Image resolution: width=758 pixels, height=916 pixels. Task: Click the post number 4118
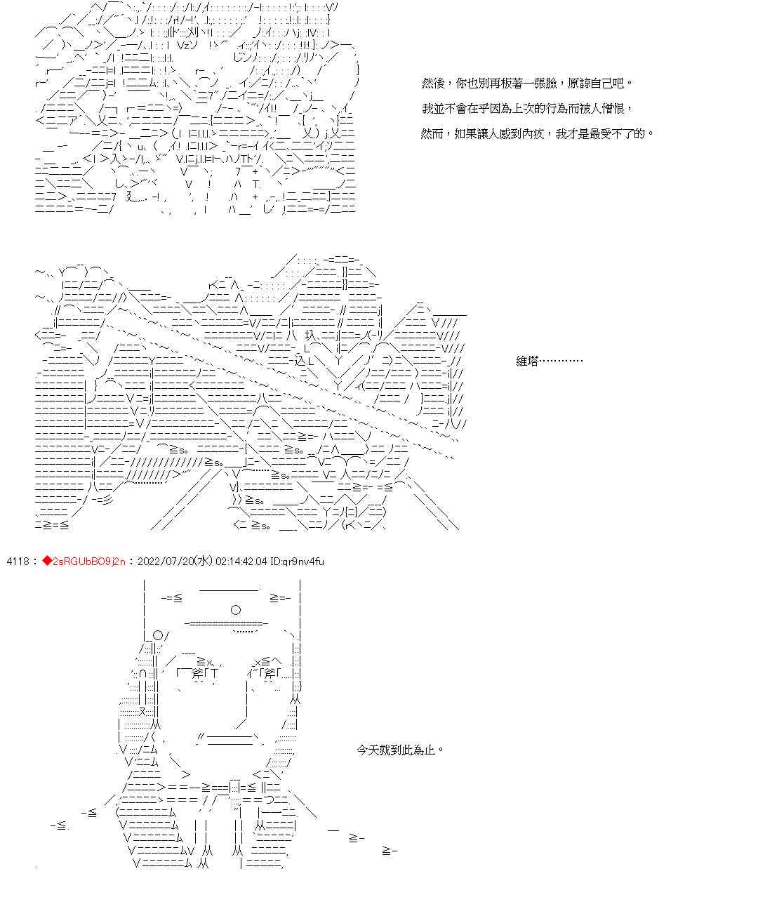pyautogui.click(x=18, y=562)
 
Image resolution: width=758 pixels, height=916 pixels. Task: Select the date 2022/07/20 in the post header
pyautogui.click(x=167, y=562)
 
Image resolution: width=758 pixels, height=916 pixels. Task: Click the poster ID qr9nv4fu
pyautogui.click(x=305, y=562)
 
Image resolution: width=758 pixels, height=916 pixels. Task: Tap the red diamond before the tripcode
pyautogui.click(x=47, y=562)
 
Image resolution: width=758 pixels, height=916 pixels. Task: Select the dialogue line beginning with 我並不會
pyautogui.click(x=526, y=109)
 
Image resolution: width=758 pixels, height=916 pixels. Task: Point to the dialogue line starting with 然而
pyautogui.click(x=537, y=133)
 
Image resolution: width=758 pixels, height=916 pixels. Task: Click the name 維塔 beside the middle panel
pyautogui.click(x=527, y=361)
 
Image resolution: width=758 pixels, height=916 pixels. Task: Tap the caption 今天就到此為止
pyautogui.click(x=400, y=750)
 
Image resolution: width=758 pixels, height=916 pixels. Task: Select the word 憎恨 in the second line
pyautogui.click(x=615, y=109)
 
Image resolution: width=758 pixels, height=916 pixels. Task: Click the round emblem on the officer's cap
pyautogui.click(x=236, y=610)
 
